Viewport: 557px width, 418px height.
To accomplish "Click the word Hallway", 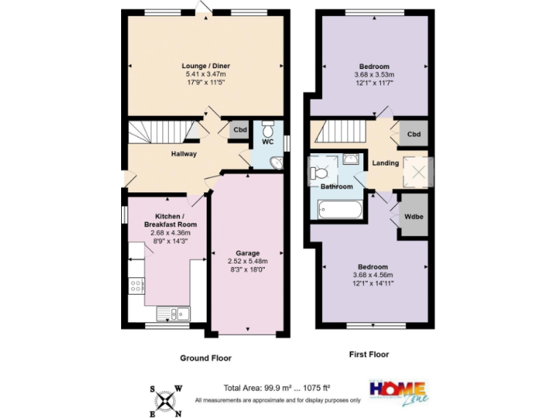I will [x=183, y=154].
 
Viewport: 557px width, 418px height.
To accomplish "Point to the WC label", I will [x=267, y=142].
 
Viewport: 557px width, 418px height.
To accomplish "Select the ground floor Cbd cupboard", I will [x=239, y=131].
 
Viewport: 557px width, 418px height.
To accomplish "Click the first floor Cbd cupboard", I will [x=414, y=134].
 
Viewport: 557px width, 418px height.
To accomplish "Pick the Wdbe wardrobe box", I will [x=414, y=216].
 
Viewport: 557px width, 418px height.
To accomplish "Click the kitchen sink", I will [x=173, y=313].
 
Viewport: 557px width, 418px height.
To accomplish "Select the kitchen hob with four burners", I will [x=135, y=286].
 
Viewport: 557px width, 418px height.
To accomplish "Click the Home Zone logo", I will [x=397, y=390].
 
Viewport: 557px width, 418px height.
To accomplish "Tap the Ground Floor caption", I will [x=205, y=358].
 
